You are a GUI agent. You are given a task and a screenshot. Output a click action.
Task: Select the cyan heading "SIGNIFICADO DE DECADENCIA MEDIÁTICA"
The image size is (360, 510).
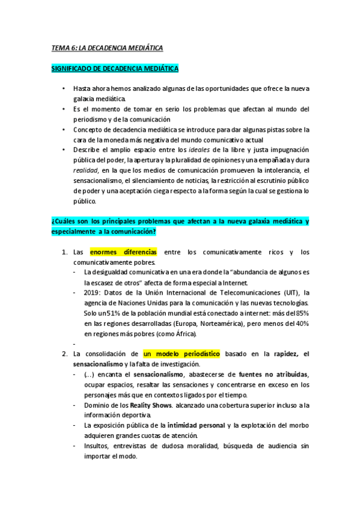pyautogui.click(x=114, y=69)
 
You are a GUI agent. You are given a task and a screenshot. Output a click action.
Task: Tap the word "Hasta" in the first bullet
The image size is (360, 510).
pyautogui.click(x=82, y=88)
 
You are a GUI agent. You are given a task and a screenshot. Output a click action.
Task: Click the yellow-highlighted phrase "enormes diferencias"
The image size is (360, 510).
pyautogui.click(x=124, y=253)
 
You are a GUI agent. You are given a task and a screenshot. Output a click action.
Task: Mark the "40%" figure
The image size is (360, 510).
pyautogui.click(x=302, y=324)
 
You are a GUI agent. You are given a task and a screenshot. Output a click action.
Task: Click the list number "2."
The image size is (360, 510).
pyautogui.click(x=66, y=353)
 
